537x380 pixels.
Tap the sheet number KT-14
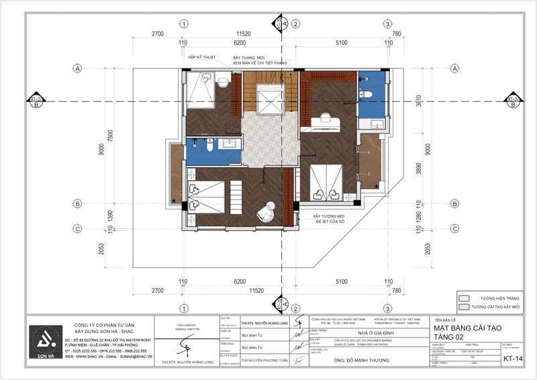point(514,359)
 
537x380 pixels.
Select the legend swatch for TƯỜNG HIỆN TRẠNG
point(463,297)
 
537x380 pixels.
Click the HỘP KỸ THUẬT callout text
point(201,58)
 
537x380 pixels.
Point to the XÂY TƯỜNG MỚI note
point(327,216)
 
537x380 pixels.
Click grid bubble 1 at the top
point(183,24)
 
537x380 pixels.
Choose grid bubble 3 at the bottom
point(387,309)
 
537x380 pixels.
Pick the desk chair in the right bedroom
point(326,117)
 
